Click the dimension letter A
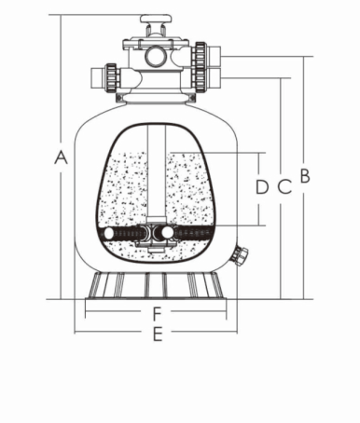[61, 157]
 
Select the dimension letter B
[305, 175]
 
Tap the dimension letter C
[284, 186]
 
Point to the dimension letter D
[262, 186]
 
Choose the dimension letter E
[158, 334]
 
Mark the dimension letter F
[158, 313]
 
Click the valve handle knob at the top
[156, 19]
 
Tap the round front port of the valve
[156, 56]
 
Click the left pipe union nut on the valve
[112, 77]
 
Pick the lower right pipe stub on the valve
[215, 76]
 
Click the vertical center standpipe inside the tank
[157, 171]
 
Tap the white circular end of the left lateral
[109, 234]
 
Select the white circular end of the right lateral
[167, 232]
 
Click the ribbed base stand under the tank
[156, 286]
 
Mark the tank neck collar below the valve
[156, 98]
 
